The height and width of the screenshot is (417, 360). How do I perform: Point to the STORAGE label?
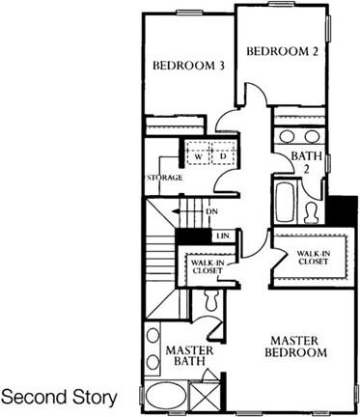pos(164,178)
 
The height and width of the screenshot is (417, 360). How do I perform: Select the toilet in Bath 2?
pos(312,210)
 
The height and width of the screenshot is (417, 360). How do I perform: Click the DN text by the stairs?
pos(211,211)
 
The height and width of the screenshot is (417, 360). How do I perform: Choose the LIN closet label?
pos(221,235)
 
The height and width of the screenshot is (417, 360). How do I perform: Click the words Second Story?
pos(60,397)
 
